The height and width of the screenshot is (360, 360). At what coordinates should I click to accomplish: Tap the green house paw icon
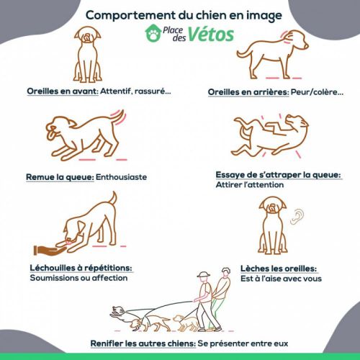[x=153, y=33]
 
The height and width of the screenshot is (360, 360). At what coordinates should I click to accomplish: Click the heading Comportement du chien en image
[x=180, y=13]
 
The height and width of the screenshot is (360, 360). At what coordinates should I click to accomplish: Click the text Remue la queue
[x=60, y=176]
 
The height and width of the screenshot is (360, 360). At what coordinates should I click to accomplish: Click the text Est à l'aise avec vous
[x=281, y=277]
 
